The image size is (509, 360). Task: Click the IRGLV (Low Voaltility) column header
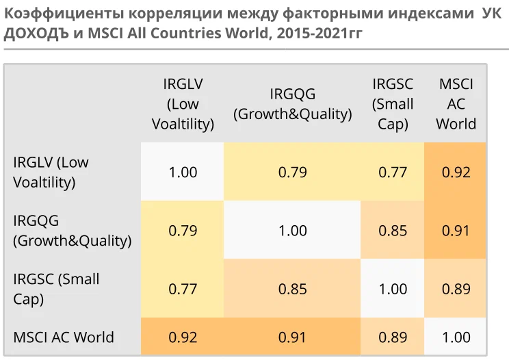pos(183,104)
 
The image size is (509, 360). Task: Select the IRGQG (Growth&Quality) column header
pos(293,104)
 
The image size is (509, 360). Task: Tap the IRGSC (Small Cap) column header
pos(393,104)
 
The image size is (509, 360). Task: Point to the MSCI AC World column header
pos(456,104)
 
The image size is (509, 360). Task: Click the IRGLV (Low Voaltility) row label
pos(51,172)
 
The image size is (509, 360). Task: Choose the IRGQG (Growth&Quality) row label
pos(72,231)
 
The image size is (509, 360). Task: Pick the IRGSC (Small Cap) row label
pos(56,289)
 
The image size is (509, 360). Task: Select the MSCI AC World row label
pos(64,337)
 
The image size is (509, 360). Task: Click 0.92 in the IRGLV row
pos(456,172)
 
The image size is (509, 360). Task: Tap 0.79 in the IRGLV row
pos(293,172)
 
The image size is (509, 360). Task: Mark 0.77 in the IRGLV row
pos(393,172)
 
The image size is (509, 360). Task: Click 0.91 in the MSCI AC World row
pos(293,337)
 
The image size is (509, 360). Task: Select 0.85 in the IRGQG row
pos(393,231)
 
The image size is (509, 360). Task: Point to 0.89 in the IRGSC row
pos(456,289)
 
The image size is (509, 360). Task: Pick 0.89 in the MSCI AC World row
pos(393,337)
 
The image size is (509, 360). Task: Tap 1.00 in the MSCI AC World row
pos(456,337)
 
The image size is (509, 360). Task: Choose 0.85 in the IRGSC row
pos(293,289)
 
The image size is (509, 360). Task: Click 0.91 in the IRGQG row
pos(456,231)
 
